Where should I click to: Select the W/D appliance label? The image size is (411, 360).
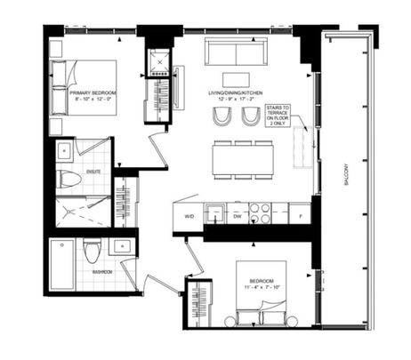tap(189, 216)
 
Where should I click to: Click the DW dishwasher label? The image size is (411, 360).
tap(237, 216)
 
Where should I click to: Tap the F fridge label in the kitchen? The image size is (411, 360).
tap(302, 216)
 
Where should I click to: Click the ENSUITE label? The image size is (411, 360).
tap(93, 172)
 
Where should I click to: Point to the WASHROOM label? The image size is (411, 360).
tap(100, 272)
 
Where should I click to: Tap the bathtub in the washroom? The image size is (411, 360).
tap(63, 264)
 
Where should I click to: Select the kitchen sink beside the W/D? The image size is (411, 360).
tap(214, 214)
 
